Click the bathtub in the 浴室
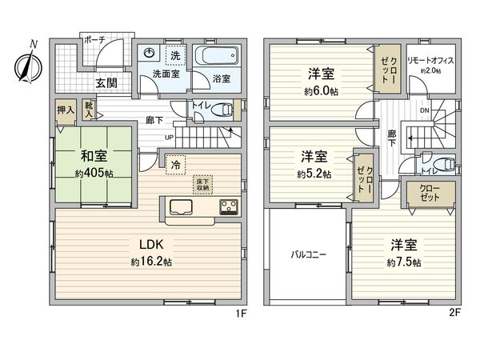pos(216,58)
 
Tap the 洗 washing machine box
pos(175,54)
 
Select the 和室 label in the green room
pos(92,154)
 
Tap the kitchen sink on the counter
pos(179,206)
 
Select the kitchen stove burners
pos(227,206)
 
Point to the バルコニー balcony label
pos(307,257)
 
